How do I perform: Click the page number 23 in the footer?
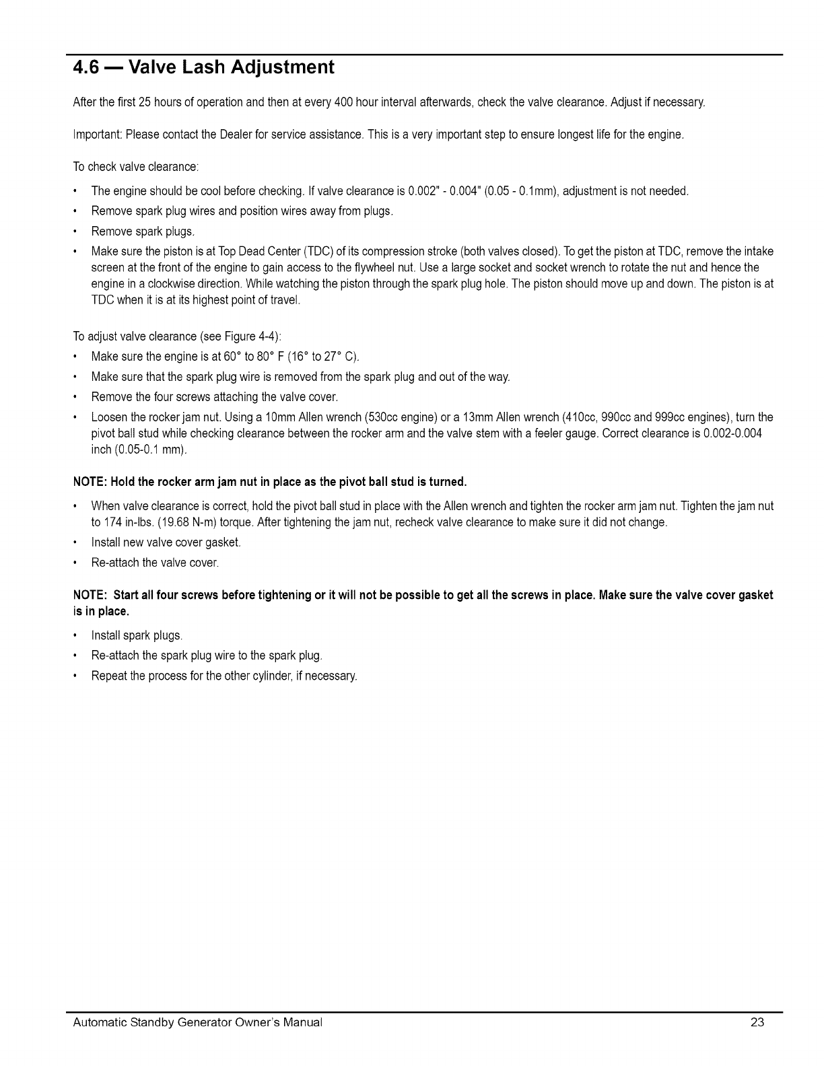pos(757,1022)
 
